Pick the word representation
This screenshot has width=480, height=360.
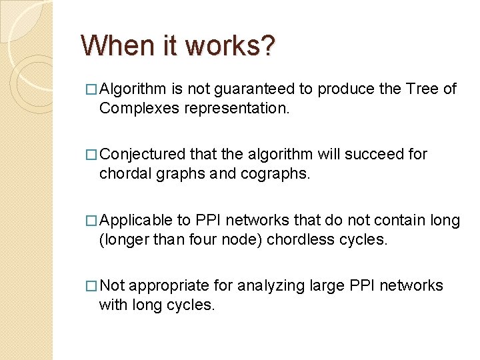[x=238, y=108]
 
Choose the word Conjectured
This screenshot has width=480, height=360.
[x=143, y=155]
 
